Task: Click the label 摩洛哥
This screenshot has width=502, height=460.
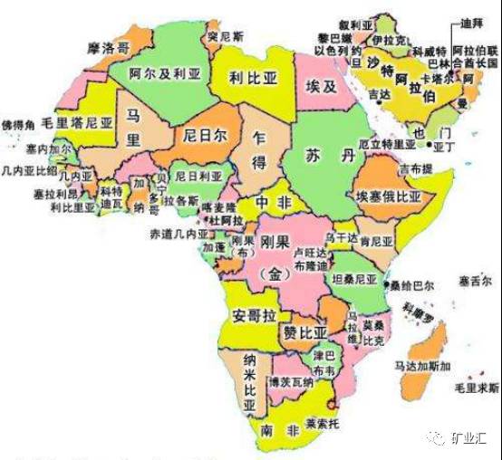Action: [x=108, y=44]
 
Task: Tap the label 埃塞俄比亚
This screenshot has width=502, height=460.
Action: [x=389, y=195]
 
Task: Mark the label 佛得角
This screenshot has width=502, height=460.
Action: [x=19, y=122]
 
